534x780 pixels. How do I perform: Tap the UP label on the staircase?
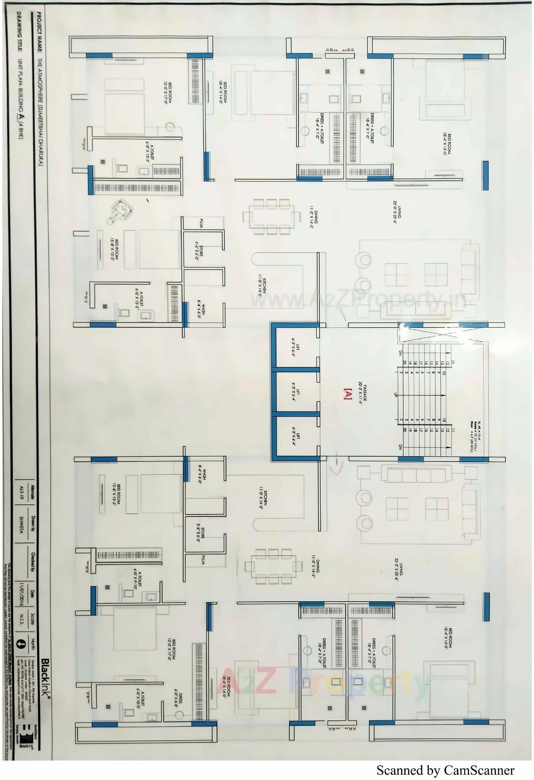[395, 395]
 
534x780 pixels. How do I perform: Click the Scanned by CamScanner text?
[445, 770]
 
